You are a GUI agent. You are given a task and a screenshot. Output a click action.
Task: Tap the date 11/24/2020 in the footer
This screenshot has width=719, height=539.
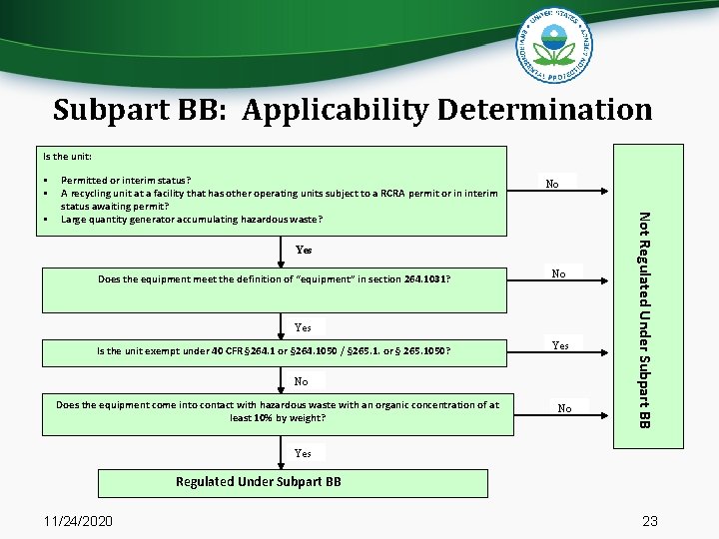(x=79, y=521)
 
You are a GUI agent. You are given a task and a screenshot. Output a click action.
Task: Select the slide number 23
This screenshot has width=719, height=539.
(x=650, y=521)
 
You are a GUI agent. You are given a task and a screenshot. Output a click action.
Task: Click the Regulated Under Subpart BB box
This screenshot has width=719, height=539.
(x=259, y=481)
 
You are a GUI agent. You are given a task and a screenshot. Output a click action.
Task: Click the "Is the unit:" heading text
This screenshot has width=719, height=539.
(x=67, y=156)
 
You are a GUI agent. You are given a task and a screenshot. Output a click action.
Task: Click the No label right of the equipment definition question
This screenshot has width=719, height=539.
(x=560, y=272)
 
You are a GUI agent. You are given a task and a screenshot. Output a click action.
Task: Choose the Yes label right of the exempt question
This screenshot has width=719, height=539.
(x=560, y=345)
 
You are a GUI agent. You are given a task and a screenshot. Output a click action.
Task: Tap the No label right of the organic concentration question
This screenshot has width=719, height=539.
(x=564, y=408)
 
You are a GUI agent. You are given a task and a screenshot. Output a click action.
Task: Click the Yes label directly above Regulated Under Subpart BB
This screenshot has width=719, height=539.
(x=303, y=453)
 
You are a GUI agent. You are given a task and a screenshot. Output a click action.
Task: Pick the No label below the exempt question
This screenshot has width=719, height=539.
(x=302, y=381)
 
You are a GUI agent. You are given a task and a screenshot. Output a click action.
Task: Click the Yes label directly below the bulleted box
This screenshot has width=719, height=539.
(x=304, y=249)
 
